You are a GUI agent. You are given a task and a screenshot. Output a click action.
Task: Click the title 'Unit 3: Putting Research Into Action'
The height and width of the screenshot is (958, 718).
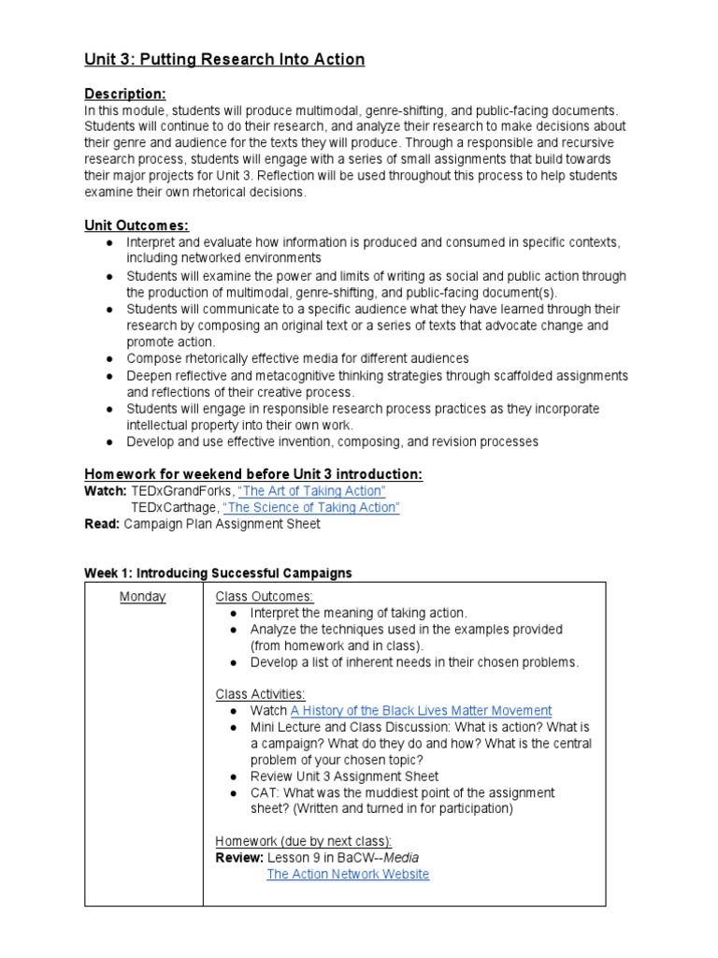(x=224, y=60)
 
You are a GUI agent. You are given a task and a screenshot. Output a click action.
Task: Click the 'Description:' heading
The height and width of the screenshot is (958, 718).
(x=125, y=94)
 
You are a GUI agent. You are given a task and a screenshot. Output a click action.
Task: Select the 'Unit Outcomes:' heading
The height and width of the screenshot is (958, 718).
(x=136, y=225)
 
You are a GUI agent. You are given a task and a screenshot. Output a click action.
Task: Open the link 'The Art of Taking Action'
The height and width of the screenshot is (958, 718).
(x=311, y=491)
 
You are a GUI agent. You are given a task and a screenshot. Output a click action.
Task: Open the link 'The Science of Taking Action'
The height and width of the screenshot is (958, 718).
(x=311, y=507)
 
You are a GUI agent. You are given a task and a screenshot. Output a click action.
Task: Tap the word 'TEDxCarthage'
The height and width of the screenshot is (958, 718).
(x=173, y=507)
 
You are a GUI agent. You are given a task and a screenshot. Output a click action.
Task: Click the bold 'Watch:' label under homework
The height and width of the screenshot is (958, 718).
(x=106, y=491)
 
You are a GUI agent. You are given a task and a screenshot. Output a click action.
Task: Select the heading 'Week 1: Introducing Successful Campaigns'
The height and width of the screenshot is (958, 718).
(x=218, y=573)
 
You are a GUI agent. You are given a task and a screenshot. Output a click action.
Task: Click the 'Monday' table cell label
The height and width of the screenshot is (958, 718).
(x=143, y=597)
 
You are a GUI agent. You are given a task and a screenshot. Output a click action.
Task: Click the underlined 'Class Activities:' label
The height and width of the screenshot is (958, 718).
(x=261, y=694)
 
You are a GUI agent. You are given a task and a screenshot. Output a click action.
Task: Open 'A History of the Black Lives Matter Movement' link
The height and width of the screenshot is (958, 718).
(x=421, y=711)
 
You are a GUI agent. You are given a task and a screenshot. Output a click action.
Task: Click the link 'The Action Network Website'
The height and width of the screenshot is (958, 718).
(x=348, y=874)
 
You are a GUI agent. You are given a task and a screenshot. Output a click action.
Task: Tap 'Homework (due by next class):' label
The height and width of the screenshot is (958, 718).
(x=304, y=841)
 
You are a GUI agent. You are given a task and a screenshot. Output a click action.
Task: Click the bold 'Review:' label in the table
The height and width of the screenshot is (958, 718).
(x=239, y=858)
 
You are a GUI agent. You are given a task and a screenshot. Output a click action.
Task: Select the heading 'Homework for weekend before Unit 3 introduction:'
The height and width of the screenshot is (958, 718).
(x=253, y=474)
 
